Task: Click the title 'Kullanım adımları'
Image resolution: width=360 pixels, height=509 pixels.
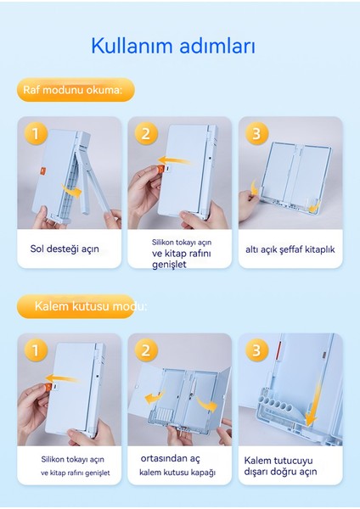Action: point(173,46)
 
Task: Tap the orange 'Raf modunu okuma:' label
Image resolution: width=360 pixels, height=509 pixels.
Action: point(76,90)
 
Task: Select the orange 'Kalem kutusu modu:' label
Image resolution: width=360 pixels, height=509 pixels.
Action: point(76,306)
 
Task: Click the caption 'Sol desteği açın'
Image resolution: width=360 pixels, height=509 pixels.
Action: point(65,249)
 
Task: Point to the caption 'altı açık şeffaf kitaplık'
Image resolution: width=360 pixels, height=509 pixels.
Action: point(290,249)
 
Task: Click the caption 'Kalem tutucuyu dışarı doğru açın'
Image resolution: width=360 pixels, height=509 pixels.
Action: point(280,466)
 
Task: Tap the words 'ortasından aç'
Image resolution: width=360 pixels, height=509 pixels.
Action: point(171,458)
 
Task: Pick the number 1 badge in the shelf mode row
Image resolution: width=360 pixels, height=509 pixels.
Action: point(36,133)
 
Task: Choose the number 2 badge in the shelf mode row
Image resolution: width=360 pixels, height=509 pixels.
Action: point(146,133)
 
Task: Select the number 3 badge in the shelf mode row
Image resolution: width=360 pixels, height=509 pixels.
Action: point(256,133)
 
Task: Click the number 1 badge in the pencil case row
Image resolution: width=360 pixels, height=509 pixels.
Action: point(36,350)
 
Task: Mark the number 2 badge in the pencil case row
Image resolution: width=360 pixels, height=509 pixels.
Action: point(146,350)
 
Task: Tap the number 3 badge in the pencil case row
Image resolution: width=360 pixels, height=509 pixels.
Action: point(256,350)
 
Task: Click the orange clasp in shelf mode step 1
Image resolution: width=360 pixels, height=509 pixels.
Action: point(43,171)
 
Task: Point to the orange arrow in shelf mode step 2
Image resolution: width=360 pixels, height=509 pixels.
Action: point(174,160)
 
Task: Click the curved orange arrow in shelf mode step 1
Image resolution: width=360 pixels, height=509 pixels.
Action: point(72,191)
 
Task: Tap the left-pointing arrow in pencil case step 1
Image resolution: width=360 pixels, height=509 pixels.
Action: point(61,378)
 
